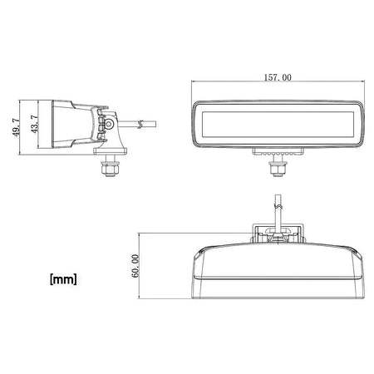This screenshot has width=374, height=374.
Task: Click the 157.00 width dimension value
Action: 278,77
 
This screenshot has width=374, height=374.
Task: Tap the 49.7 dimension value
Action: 16,127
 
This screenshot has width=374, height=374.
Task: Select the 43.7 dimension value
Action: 34,125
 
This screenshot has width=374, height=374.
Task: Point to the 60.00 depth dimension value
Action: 135,266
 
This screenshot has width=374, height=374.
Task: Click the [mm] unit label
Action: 63,279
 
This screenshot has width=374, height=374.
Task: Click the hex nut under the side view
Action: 111,169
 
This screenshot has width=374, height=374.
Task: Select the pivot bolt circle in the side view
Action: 110,124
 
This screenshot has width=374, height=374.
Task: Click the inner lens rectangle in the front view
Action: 278,125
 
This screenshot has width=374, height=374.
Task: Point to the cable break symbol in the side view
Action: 140,125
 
